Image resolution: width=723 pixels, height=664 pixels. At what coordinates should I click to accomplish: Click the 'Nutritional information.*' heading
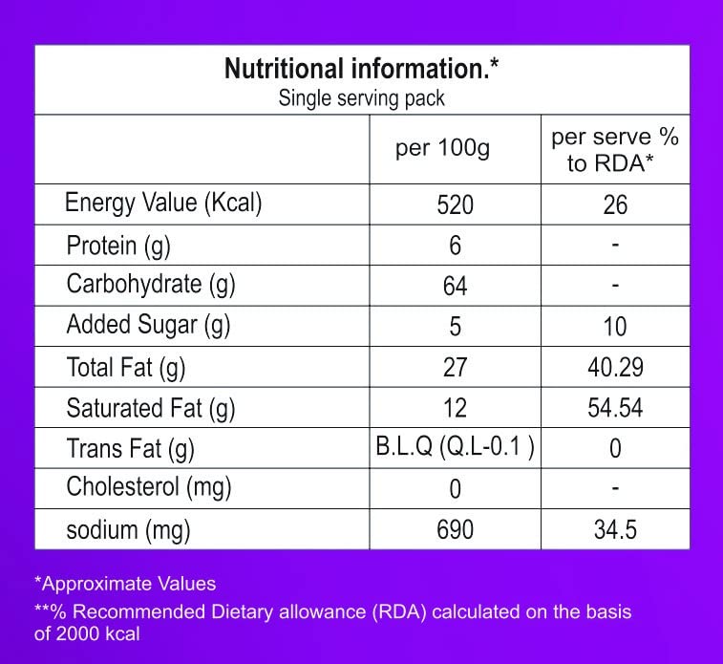tap(361, 69)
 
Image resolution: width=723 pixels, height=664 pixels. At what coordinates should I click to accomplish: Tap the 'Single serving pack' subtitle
tap(361, 98)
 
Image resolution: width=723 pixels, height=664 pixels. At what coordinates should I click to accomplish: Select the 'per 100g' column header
tap(442, 148)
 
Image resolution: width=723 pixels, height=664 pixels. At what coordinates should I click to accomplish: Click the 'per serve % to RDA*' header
tap(615, 150)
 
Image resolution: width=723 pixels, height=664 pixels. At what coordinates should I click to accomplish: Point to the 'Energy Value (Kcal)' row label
tap(163, 203)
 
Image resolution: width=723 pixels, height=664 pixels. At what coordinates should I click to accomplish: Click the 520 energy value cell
tap(456, 204)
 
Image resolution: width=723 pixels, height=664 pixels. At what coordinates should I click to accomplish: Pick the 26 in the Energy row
tap(615, 204)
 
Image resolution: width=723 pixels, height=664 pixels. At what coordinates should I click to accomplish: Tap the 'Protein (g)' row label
tap(118, 246)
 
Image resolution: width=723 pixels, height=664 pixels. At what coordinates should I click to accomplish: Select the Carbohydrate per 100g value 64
tap(456, 286)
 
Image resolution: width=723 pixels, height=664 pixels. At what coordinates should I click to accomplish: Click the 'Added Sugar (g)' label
tap(148, 325)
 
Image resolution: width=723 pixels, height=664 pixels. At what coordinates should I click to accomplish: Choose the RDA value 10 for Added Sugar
tap(615, 327)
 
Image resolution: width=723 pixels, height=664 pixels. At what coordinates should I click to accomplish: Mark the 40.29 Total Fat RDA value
tap(615, 367)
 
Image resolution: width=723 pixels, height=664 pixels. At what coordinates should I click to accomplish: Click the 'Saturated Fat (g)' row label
tap(151, 409)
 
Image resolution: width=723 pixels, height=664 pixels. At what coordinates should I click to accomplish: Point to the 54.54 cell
tap(615, 408)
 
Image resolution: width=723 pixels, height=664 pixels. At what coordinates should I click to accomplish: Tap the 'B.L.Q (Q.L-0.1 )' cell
tap(456, 446)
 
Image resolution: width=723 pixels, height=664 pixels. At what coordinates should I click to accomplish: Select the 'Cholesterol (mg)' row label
tap(148, 487)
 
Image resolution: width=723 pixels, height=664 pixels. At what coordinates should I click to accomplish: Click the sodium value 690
tap(456, 529)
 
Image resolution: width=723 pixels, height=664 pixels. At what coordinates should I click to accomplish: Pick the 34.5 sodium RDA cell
tap(615, 529)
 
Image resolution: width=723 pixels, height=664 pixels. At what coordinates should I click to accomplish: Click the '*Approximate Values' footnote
tap(125, 584)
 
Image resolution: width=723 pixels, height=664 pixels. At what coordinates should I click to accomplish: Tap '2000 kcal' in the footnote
tap(97, 634)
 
